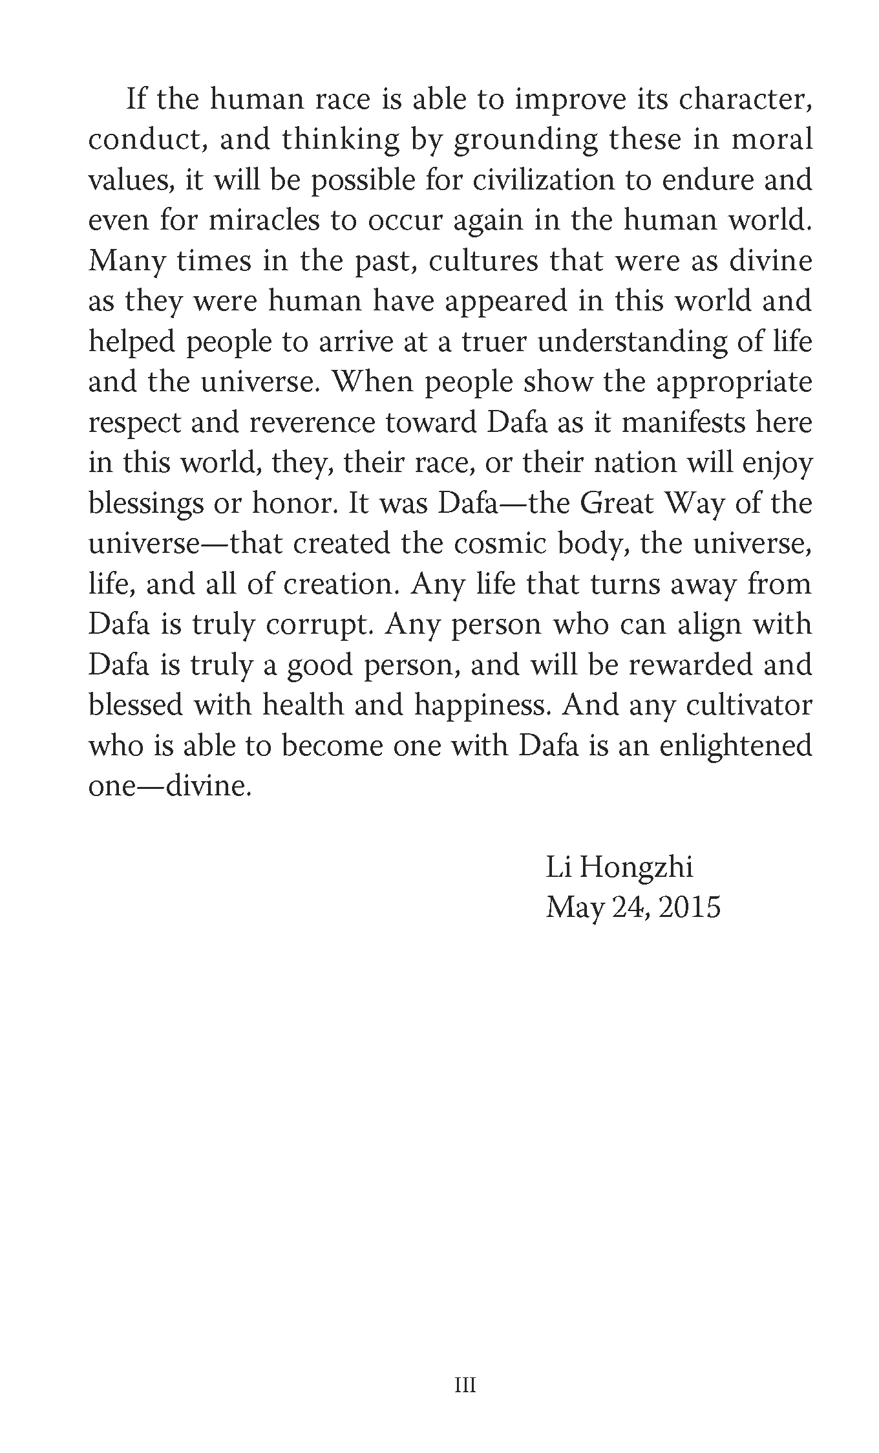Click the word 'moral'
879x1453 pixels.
[772, 140]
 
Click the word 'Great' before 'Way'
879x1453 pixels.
[617, 503]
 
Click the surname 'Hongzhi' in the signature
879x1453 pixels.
[635, 867]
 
